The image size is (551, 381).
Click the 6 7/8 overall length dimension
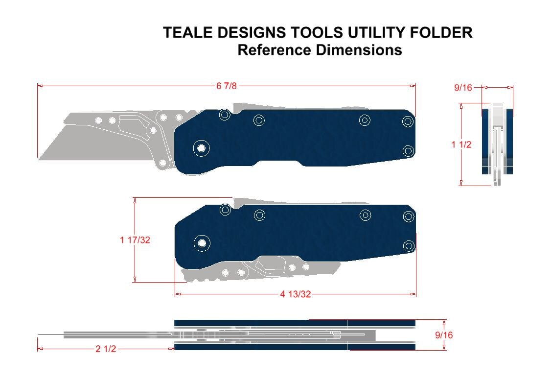click(227, 86)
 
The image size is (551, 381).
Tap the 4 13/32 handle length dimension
click(296, 294)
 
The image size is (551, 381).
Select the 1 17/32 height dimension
click(135, 240)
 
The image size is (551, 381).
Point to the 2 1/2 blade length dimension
click(106, 349)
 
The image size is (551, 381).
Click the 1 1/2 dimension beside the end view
click(461, 144)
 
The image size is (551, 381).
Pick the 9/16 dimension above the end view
click(463, 88)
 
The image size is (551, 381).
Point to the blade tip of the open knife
click(39, 158)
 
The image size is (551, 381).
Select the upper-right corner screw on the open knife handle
click(408, 121)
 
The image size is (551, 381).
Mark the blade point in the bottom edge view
click(39, 335)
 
